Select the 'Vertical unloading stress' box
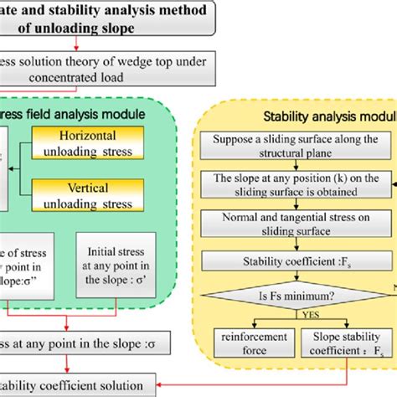[91, 198]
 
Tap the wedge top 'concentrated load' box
[126, 69]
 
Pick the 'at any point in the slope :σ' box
[84, 343]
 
